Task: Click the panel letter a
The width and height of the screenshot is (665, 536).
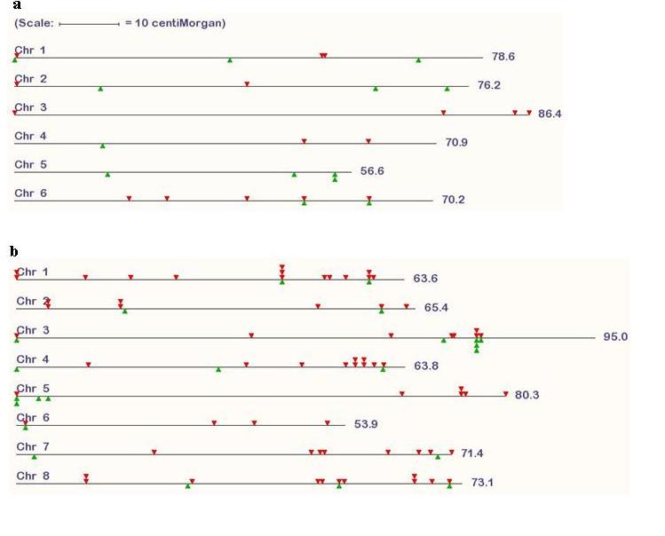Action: tap(17, 5)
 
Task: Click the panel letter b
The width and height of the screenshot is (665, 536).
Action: tap(14, 251)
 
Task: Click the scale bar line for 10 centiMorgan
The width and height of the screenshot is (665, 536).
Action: tap(90, 24)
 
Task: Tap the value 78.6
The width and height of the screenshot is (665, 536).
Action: tap(503, 57)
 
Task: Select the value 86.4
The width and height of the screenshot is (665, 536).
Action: tap(550, 114)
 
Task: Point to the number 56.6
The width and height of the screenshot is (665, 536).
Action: tap(372, 171)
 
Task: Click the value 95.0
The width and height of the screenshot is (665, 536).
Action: tap(615, 336)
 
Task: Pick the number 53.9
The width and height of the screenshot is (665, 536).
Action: tap(366, 424)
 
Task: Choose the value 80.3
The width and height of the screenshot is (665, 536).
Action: tap(527, 395)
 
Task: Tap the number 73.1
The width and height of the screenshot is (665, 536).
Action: tap(482, 483)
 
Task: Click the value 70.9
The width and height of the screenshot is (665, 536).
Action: tap(456, 142)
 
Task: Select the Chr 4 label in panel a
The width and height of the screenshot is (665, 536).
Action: tap(30, 136)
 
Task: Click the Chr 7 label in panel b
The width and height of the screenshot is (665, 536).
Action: tap(33, 447)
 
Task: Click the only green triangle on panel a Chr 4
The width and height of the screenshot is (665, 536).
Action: tap(103, 146)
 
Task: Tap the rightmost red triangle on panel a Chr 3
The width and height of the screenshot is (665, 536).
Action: tap(529, 113)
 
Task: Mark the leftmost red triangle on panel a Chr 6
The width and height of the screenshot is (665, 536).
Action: tap(130, 198)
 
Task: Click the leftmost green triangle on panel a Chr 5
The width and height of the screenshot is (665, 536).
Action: tap(107, 174)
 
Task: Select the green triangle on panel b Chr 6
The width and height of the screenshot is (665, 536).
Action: tap(26, 428)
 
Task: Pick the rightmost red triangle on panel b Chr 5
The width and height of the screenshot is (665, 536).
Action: tap(506, 393)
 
